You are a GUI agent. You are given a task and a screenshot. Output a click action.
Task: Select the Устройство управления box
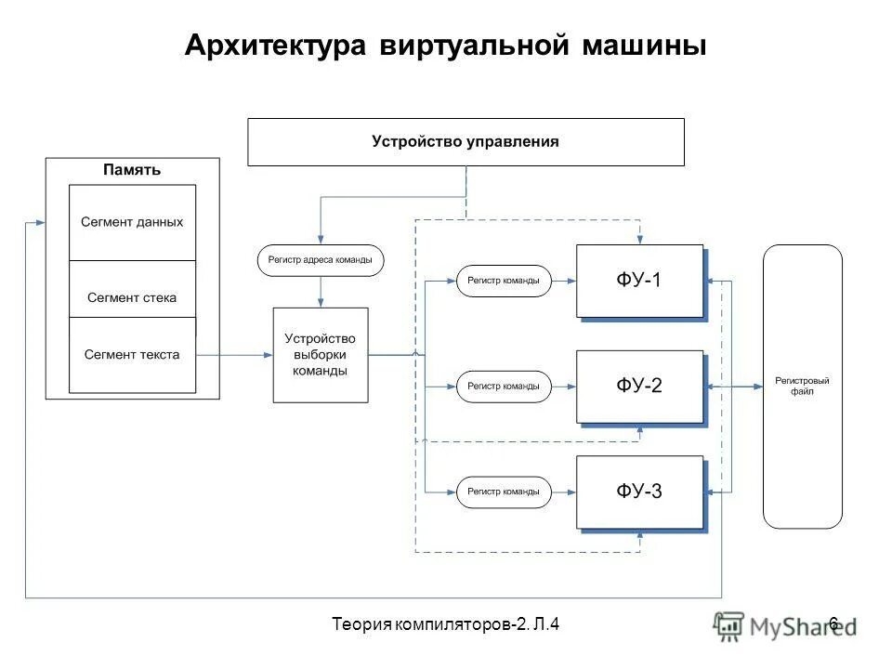(x=466, y=142)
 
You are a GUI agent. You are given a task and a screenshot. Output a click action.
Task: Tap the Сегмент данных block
(x=132, y=222)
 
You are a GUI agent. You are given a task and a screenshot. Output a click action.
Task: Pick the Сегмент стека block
(x=132, y=297)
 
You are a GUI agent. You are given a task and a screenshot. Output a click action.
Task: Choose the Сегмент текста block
(x=132, y=354)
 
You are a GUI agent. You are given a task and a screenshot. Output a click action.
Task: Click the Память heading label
(x=132, y=170)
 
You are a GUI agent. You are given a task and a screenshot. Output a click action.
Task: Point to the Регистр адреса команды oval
(x=320, y=261)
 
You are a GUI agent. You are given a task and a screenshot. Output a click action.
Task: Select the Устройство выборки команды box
(x=320, y=355)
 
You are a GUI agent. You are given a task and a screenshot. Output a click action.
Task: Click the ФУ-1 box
(x=639, y=281)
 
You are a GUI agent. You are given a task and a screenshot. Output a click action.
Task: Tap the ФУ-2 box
(x=639, y=387)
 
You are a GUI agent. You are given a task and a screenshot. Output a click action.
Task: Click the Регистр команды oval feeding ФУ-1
(x=504, y=281)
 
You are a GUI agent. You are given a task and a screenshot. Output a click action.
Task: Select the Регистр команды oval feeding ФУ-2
(x=504, y=387)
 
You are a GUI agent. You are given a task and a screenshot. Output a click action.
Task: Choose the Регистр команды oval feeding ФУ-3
(x=504, y=492)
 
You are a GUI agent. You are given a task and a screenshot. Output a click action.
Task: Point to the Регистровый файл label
(x=802, y=387)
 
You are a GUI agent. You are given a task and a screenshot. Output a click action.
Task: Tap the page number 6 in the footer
(x=833, y=623)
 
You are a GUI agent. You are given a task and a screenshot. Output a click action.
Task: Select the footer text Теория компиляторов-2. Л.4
(x=446, y=623)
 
